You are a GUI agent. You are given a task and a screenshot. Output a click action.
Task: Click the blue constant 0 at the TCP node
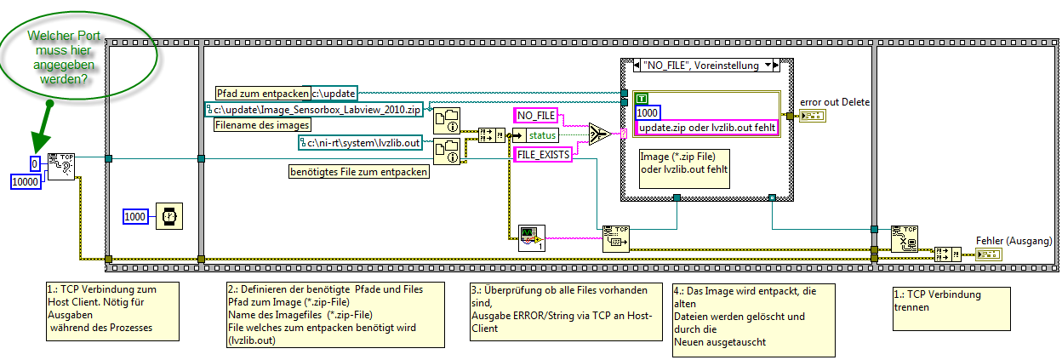point(34,163)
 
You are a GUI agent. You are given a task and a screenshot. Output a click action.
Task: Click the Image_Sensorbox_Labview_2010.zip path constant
point(314,108)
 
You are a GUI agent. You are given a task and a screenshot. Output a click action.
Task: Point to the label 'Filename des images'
point(256,124)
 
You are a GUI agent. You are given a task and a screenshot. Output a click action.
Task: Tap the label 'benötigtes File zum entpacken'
point(358,173)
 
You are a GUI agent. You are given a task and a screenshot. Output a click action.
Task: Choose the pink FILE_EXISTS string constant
point(540,154)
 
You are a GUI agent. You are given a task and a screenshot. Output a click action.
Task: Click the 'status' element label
point(543,135)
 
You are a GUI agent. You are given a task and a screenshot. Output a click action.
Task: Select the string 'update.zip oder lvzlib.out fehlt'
point(706,127)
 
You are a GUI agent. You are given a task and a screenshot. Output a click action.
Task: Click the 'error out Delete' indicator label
point(835,103)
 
